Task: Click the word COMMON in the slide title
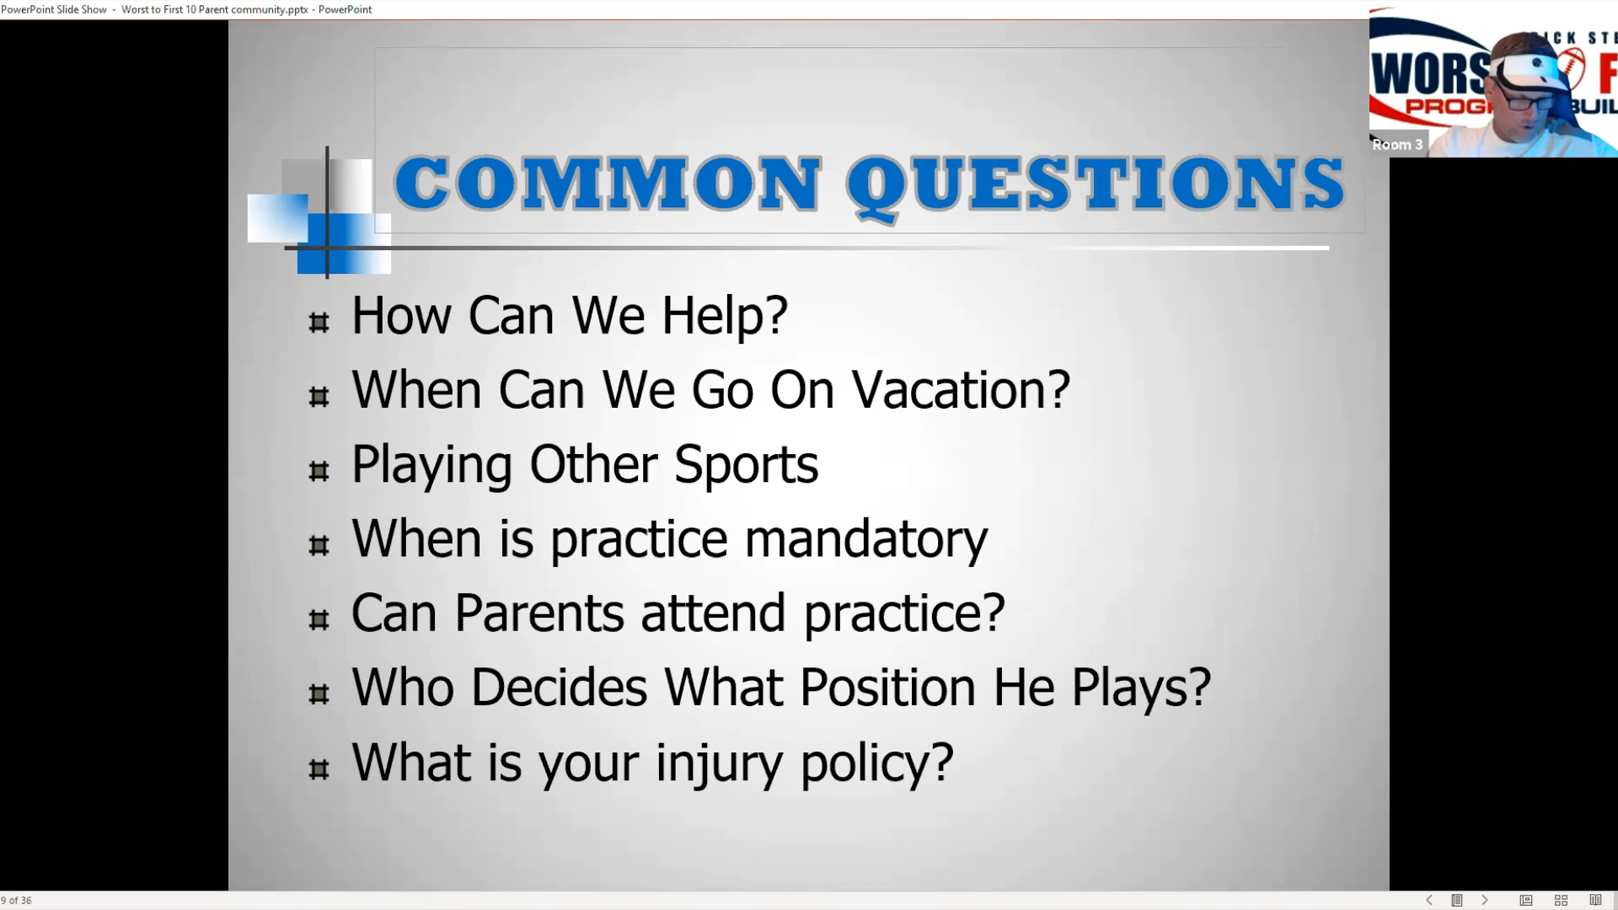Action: pos(608,184)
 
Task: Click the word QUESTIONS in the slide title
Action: pos(1096,185)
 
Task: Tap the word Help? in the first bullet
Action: pos(725,316)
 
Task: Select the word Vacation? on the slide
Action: pos(961,390)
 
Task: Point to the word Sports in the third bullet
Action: pos(747,466)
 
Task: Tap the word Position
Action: pos(887,688)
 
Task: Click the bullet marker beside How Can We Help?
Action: pos(319,323)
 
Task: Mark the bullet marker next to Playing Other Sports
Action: pos(319,471)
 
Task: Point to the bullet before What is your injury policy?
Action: pos(319,769)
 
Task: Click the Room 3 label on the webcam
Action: pos(1397,145)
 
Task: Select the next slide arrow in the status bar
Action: pos(1485,901)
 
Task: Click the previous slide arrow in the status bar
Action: pos(1429,901)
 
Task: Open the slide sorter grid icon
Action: pos(1561,901)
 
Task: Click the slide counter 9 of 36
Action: pos(17,901)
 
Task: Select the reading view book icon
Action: pos(1595,901)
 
